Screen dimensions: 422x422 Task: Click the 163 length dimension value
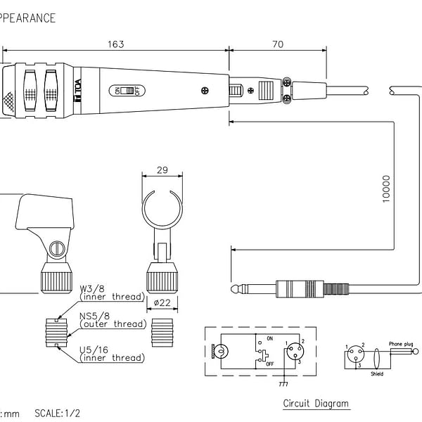click(116, 44)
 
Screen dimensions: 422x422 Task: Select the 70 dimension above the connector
click(277, 44)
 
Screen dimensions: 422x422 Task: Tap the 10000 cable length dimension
click(386, 188)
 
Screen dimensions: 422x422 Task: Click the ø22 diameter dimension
click(162, 302)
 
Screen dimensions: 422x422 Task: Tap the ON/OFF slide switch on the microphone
click(128, 91)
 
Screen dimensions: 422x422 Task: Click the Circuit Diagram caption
click(316, 404)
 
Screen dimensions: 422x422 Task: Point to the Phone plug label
click(402, 344)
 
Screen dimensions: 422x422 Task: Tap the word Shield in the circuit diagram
click(377, 374)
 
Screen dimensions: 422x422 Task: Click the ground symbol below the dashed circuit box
click(283, 383)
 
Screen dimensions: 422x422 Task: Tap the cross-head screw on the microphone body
click(204, 89)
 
